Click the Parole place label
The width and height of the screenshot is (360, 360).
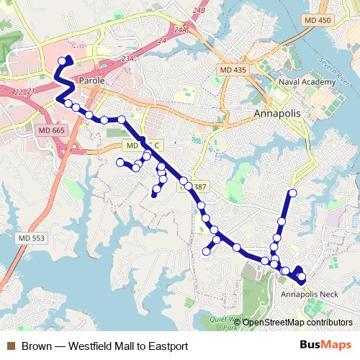(x=92, y=81)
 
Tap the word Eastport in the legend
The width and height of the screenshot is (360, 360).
(x=166, y=346)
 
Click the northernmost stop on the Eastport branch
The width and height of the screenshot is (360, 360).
(x=293, y=192)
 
